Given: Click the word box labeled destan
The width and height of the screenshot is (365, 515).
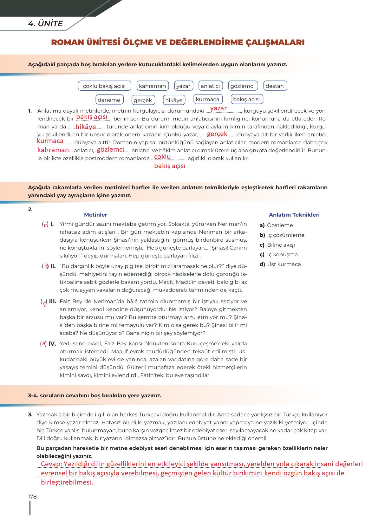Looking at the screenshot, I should click(x=275, y=86).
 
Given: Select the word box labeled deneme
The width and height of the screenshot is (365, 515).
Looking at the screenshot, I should click(x=109, y=100).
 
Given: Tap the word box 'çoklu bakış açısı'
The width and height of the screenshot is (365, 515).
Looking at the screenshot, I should click(x=104, y=86).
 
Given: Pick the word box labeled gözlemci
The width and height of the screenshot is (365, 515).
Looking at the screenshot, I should click(x=243, y=86).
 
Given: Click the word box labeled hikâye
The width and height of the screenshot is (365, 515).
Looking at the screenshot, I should click(x=174, y=100).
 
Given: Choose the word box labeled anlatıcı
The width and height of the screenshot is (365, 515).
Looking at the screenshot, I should click(x=210, y=86).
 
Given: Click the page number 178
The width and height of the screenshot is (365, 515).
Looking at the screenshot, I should click(x=32, y=497).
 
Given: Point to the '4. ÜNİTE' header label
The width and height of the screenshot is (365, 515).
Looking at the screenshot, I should click(x=45, y=24).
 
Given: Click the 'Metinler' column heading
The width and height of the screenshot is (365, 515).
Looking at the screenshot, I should click(x=95, y=215).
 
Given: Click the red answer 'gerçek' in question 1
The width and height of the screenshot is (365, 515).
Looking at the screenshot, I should click(x=217, y=134).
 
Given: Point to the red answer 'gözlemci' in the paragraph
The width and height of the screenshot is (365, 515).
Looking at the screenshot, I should click(x=110, y=149).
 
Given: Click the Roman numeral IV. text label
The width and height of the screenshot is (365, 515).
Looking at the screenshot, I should click(x=52, y=343).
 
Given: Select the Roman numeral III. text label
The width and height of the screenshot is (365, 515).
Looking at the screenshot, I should click(x=53, y=301).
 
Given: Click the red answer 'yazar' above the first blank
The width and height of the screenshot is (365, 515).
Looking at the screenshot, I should click(x=218, y=108).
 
